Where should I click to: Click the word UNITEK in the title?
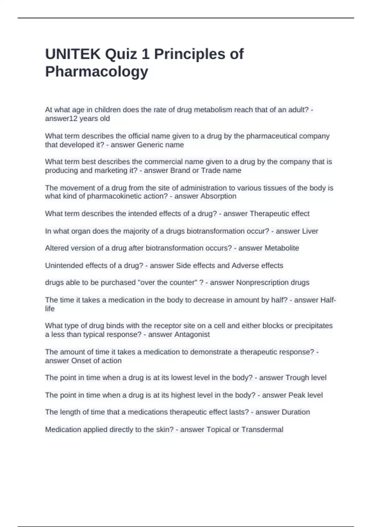(73, 54)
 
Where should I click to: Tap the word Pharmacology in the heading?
(97, 72)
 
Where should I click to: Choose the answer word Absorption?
(218, 196)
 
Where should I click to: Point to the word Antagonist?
(192, 334)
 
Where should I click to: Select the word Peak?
(297, 395)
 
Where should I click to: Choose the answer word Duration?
(295, 412)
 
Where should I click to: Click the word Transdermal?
(262, 430)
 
